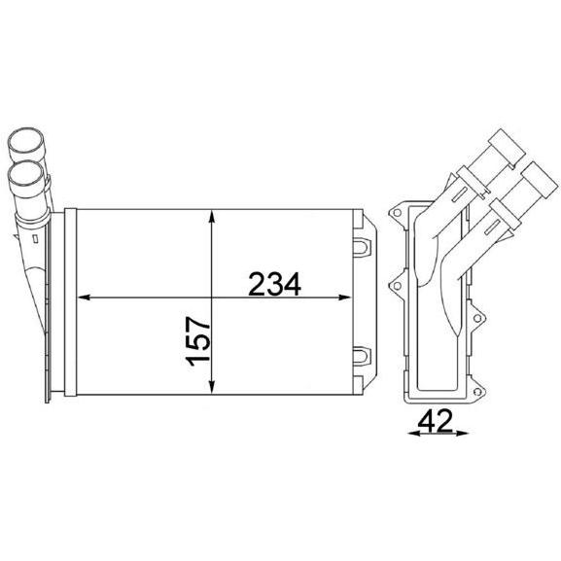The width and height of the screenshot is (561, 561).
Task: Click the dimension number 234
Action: [x=274, y=285]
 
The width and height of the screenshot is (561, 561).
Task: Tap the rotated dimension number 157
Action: [x=197, y=341]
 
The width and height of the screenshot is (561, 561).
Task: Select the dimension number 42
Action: [x=435, y=421]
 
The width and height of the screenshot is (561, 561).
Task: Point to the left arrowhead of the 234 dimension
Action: [x=84, y=297]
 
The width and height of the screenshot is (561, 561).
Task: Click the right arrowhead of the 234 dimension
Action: [x=344, y=297]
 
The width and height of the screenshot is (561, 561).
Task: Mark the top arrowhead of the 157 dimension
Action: [x=212, y=216]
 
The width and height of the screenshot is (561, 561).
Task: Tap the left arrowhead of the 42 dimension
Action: [x=414, y=434]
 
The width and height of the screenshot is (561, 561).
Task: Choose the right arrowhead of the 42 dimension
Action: [x=462, y=434]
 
